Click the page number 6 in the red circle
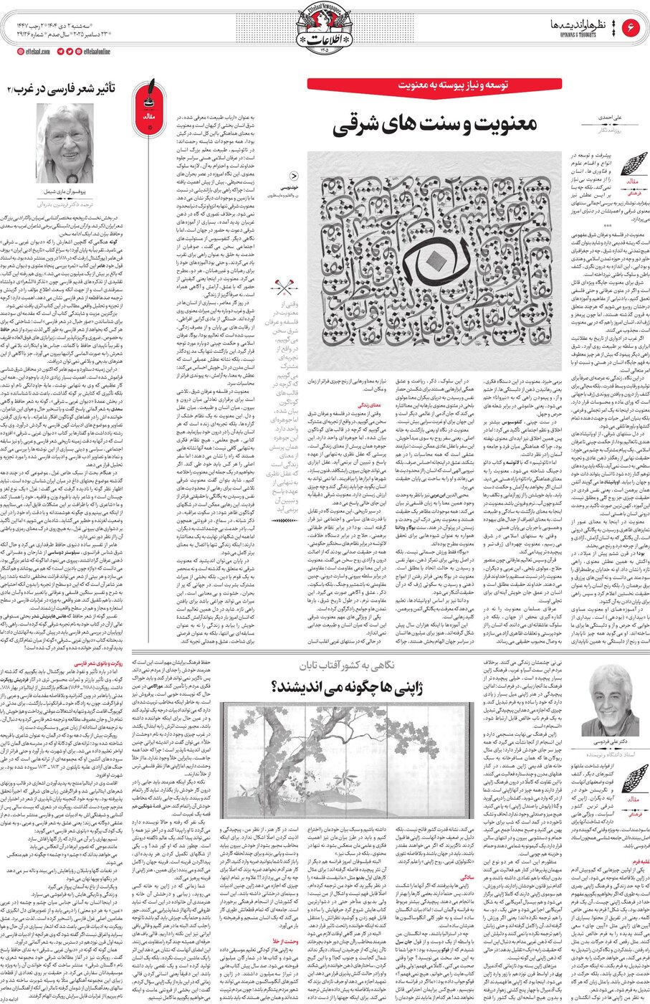point(633,27)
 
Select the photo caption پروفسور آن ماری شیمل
point(63,192)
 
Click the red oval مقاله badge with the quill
point(150,115)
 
